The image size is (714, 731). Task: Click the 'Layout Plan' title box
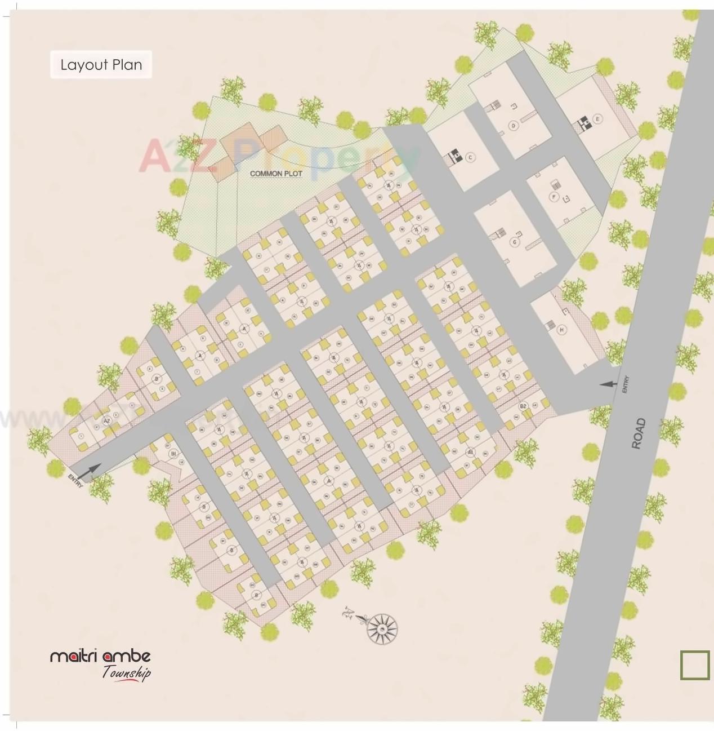click(x=101, y=65)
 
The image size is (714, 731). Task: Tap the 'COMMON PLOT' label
click(x=276, y=174)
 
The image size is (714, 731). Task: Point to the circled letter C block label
click(x=469, y=157)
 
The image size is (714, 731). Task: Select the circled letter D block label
click(x=513, y=126)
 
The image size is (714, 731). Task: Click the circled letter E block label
click(x=597, y=118)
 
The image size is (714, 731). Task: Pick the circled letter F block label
click(x=554, y=197)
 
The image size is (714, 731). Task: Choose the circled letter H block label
click(x=561, y=330)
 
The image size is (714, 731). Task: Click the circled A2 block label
click(x=106, y=420)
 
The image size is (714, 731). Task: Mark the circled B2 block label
click(x=523, y=406)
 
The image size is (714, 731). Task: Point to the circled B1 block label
click(x=173, y=454)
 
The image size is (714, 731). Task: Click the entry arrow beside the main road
click(x=607, y=384)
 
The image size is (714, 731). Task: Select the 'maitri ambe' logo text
click(x=100, y=655)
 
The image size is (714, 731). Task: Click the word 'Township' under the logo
click(x=126, y=672)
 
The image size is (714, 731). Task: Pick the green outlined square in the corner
click(x=694, y=665)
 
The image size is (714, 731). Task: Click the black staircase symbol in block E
click(x=583, y=121)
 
